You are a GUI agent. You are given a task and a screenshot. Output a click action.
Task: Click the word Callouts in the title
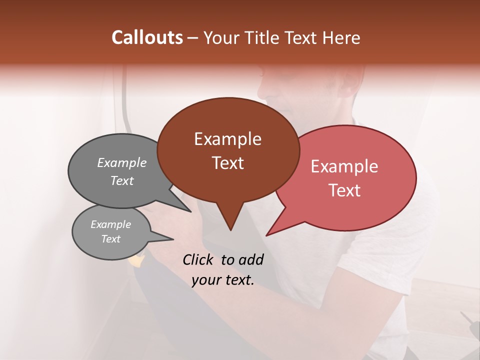point(147,37)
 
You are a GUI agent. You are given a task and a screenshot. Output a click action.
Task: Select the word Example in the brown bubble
point(227,139)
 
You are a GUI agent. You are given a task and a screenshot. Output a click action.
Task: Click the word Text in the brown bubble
point(227,163)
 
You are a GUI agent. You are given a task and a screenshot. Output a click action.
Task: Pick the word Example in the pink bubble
point(344,166)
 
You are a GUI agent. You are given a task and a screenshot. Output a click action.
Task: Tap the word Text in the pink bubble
point(344,190)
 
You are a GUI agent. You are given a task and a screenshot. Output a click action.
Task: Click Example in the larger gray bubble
point(122,163)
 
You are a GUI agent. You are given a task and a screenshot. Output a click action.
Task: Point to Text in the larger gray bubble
point(122,181)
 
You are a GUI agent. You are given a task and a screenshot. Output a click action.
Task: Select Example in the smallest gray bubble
point(111,224)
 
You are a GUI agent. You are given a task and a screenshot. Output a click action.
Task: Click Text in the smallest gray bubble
point(111,239)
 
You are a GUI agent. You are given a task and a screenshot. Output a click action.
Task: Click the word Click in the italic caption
point(199,259)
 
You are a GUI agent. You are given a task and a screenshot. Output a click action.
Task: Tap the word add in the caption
point(250,259)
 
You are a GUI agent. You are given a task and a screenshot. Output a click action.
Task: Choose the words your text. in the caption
point(223,280)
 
